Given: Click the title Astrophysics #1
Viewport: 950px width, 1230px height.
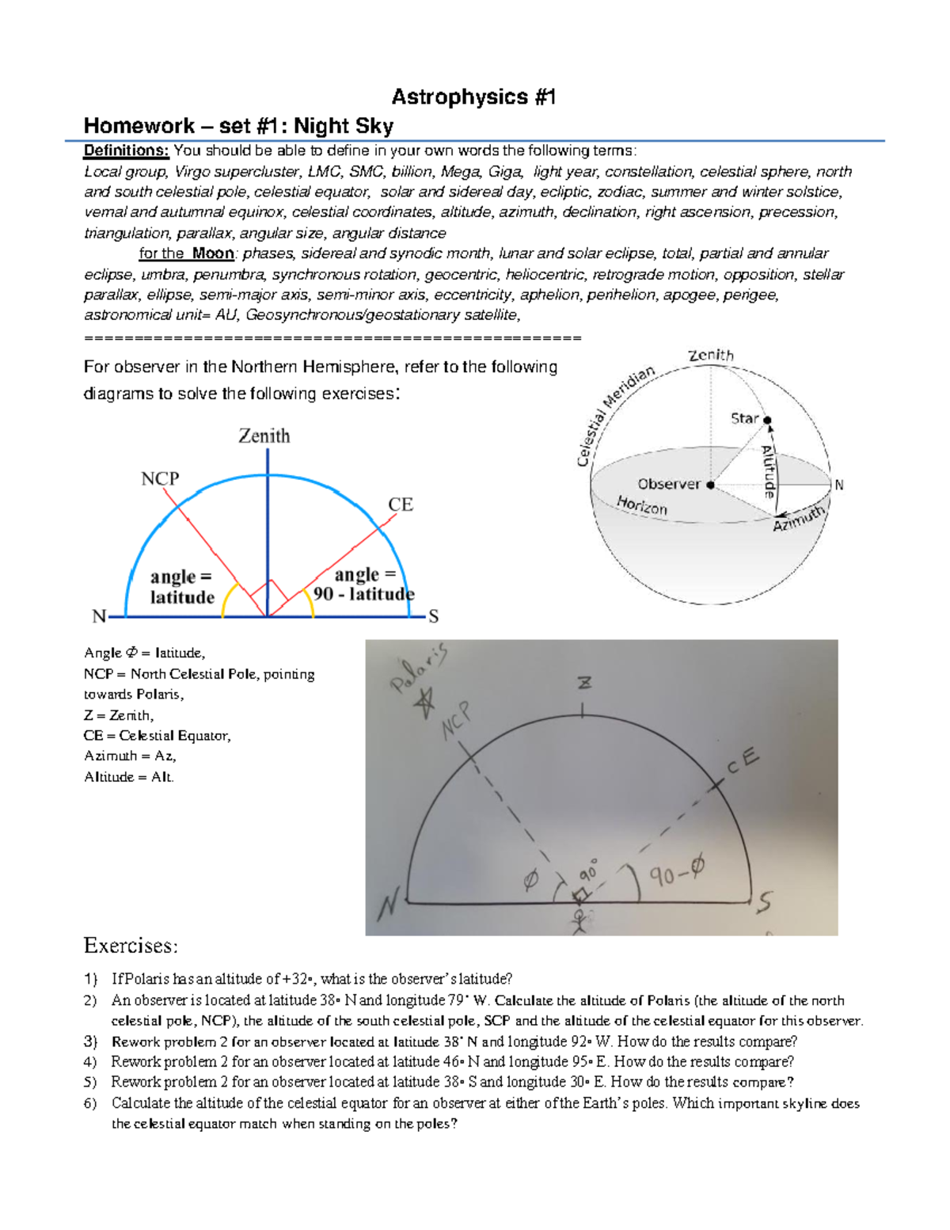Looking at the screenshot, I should click(x=473, y=97).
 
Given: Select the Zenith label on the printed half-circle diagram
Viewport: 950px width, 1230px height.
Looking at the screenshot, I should click(x=264, y=436).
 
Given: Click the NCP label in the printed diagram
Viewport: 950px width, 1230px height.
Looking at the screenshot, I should click(x=160, y=478).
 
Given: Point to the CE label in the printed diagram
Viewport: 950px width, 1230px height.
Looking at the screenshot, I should click(x=401, y=505).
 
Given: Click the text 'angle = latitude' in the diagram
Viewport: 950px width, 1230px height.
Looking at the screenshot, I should click(x=182, y=587).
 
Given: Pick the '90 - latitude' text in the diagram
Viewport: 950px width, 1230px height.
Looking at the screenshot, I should click(x=364, y=594).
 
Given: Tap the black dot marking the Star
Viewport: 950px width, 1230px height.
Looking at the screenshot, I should click(x=767, y=420).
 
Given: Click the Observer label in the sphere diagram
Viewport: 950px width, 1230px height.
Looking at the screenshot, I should click(x=669, y=484).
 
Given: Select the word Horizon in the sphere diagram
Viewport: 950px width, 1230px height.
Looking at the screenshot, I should click(x=642, y=505).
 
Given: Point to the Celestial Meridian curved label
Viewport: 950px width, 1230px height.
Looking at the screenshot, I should click(x=615, y=415).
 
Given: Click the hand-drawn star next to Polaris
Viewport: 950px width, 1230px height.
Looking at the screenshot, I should click(x=427, y=701).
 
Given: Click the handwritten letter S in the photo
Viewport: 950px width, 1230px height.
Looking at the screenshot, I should click(x=764, y=902).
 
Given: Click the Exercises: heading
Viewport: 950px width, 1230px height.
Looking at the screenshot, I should click(x=131, y=946).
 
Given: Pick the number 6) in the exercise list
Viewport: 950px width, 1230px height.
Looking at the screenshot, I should click(x=90, y=1103).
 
